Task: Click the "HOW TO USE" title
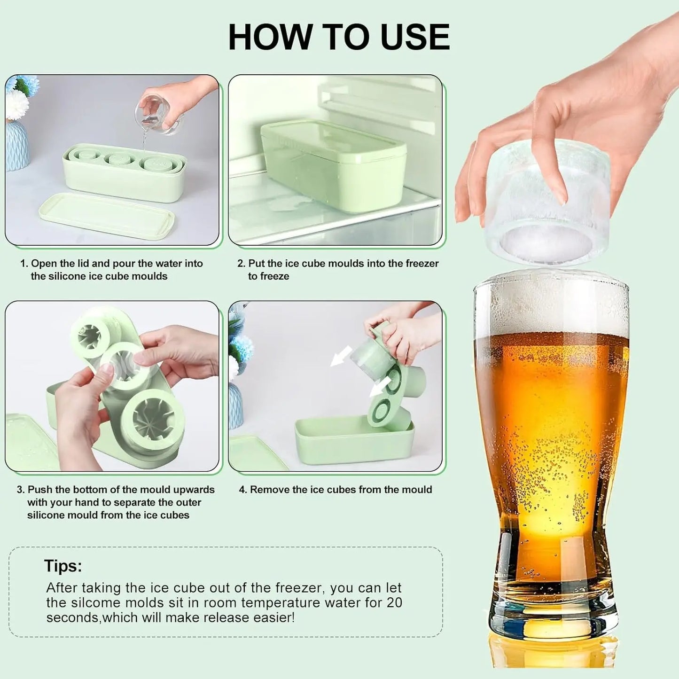tap(339, 37)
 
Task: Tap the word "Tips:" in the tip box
tap(63, 566)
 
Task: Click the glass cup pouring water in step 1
tap(157, 115)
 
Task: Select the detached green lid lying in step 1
tap(107, 216)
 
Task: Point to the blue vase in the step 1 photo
tap(17, 146)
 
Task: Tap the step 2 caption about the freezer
tap(338, 270)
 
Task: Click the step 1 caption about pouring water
tap(112, 270)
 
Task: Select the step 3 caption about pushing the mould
tap(116, 502)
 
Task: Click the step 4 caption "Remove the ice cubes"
tap(336, 490)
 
